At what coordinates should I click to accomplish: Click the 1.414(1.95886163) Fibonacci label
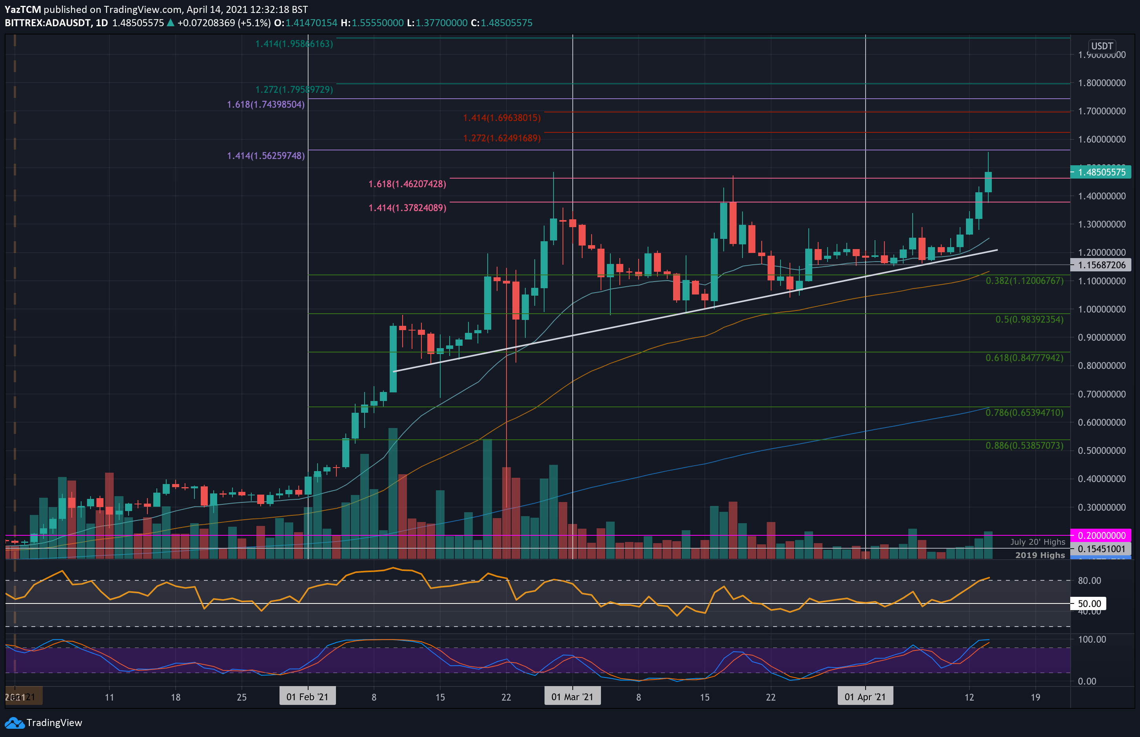294,44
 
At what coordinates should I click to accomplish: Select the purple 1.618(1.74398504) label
265,104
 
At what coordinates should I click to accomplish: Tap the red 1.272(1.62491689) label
501,138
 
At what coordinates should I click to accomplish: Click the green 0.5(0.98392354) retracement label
1029,319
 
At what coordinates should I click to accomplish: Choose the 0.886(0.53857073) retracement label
1024,446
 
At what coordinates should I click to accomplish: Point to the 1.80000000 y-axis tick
1101,83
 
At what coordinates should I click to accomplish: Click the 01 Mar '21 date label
572,697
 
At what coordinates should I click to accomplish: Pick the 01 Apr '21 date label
865,697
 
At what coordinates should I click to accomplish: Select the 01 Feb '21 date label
307,697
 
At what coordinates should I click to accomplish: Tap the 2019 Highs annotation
1040,555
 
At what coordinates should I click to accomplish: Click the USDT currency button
1102,46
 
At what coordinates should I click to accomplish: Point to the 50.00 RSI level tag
1089,603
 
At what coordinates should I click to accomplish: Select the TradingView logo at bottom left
44,723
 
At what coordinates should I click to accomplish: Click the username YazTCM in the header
22,9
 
